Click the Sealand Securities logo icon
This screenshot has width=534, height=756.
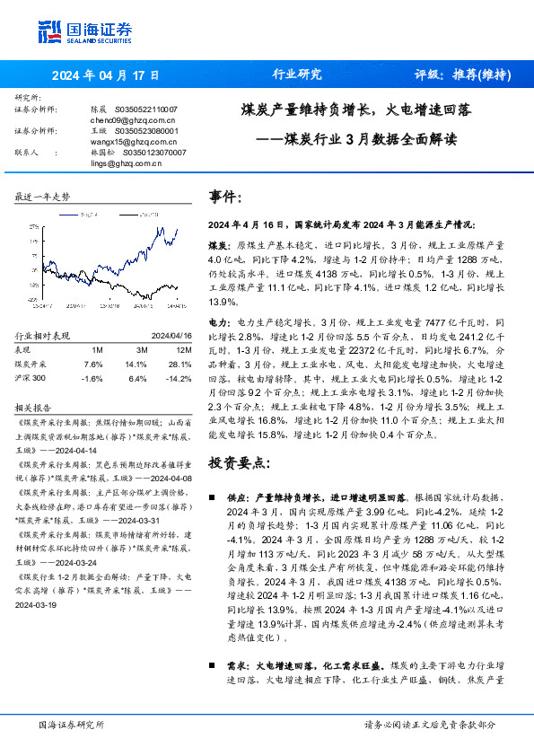pos(49,31)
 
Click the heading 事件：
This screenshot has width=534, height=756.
pos(224,197)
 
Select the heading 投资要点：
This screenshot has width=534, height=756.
pos(238,463)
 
